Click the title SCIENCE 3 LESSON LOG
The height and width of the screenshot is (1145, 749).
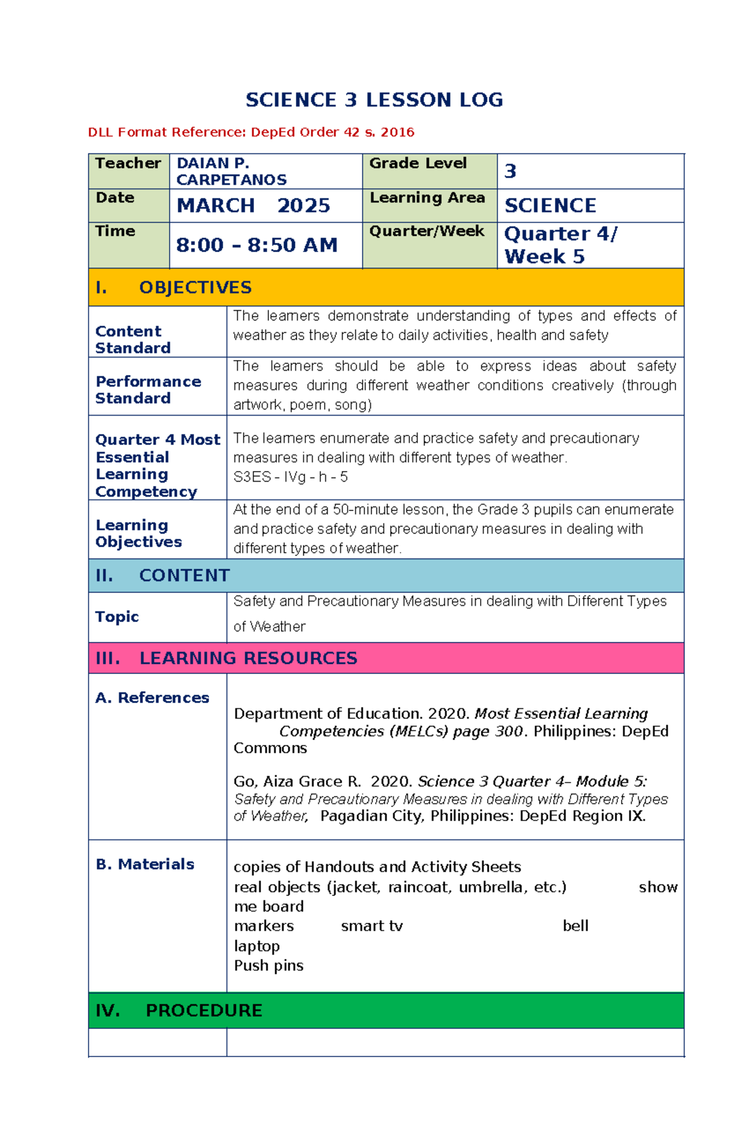[x=374, y=100]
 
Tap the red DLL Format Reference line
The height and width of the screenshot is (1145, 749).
[x=251, y=132]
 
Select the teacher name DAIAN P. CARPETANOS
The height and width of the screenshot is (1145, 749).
[x=232, y=172]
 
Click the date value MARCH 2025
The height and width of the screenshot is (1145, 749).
[x=253, y=206]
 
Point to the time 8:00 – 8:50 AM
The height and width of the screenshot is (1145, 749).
[x=257, y=245]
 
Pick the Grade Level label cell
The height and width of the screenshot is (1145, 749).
[x=418, y=163]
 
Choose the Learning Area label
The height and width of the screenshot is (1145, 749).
[x=427, y=198]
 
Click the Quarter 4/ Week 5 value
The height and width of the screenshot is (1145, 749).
[x=560, y=245]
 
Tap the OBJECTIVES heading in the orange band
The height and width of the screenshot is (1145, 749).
[x=195, y=288]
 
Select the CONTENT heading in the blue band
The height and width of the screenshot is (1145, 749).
[x=184, y=575]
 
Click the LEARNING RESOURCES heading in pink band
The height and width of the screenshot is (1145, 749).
[x=248, y=658]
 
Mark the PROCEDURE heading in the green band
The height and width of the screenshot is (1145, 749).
[x=203, y=1010]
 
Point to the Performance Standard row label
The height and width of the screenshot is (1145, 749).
[x=148, y=390]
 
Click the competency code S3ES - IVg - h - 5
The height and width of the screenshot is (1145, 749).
[x=290, y=477]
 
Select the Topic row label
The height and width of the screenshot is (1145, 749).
[x=117, y=616]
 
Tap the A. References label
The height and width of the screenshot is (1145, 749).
[x=152, y=698]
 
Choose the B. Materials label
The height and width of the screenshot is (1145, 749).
[x=145, y=864]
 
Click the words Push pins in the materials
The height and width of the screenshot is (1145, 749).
[x=268, y=966]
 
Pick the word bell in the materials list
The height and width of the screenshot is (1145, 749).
[x=575, y=926]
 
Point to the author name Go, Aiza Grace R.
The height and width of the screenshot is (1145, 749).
[x=297, y=782]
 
